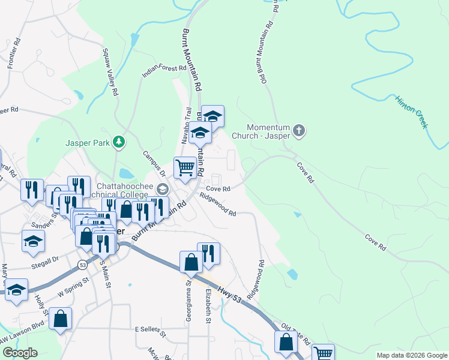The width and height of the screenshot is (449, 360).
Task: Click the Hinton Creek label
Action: (411, 111)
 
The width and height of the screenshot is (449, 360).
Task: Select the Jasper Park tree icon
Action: (120, 142)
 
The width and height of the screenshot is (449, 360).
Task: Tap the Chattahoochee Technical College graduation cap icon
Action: (161, 189)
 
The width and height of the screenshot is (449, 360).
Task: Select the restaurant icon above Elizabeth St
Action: (208, 253)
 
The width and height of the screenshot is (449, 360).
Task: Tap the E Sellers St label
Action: (153, 329)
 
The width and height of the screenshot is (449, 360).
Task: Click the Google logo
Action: (19, 352)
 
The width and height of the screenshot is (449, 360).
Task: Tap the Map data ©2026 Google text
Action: (411, 355)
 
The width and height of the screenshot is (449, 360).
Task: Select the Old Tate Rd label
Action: (296, 335)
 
